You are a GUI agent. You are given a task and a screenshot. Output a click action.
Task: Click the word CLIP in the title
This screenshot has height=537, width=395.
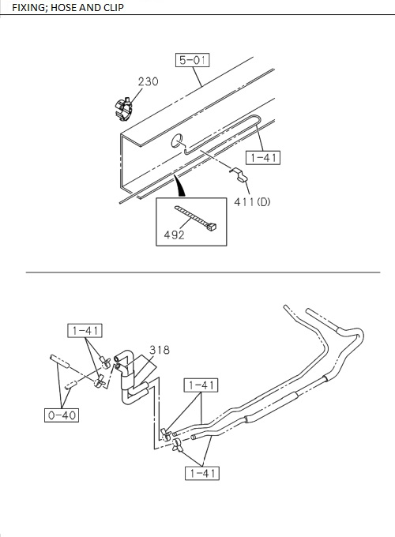click(110, 7)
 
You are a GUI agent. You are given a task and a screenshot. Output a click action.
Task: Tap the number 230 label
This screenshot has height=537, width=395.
click(149, 81)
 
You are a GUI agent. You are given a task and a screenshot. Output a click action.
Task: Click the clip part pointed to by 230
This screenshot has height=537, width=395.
click(122, 107)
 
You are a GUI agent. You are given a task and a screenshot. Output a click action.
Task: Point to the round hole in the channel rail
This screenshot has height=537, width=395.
click(177, 142)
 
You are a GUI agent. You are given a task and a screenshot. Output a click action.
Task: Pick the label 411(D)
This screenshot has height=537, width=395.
click(252, 201)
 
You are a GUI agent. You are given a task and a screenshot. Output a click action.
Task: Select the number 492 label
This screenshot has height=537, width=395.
click(174, 235)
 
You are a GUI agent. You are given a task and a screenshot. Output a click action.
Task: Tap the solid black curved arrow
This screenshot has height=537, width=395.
click(181, 186)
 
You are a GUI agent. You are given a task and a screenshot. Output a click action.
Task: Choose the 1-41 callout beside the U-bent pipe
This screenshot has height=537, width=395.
click(263, 157)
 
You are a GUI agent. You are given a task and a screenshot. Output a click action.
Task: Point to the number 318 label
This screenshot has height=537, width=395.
click(159, 349)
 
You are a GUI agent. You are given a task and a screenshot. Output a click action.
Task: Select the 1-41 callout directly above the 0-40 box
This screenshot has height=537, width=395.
click(84, 330)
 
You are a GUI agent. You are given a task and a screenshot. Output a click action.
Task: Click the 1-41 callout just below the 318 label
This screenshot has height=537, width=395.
click(201, 385)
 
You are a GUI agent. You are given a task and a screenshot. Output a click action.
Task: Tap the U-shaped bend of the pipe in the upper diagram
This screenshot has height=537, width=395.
click(257, 119)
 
